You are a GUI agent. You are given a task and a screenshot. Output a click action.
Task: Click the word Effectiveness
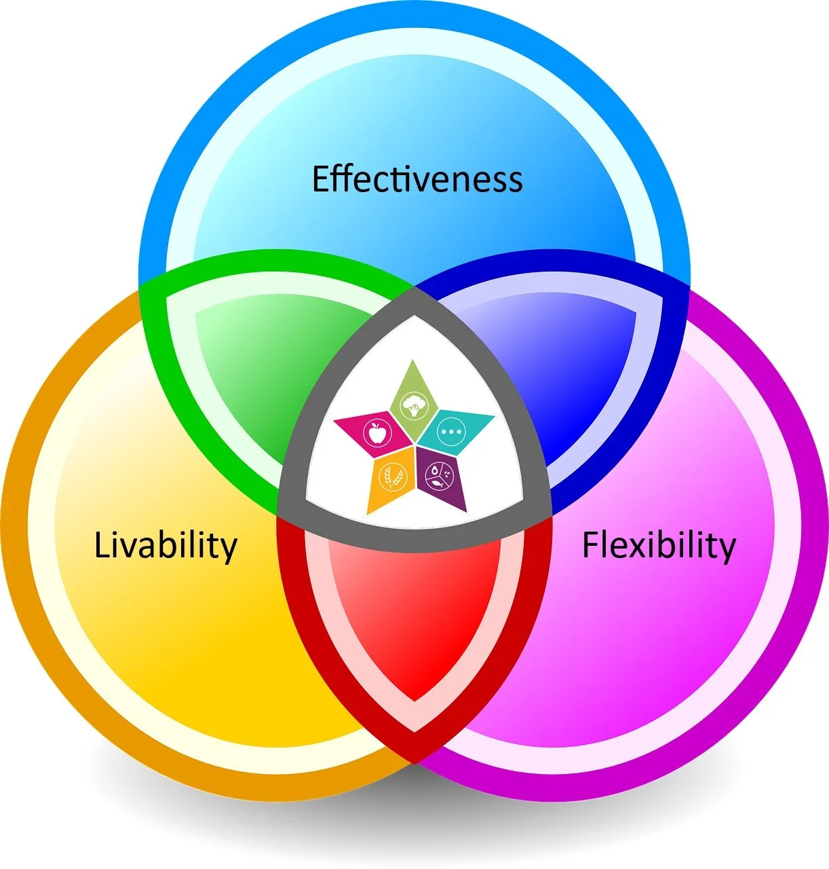click(417, 179)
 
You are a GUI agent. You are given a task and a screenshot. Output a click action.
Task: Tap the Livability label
click(166, 545)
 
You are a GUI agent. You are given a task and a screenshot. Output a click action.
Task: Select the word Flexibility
click(659, 545)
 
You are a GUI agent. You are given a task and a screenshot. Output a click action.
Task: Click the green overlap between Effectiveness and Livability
click(265, 367)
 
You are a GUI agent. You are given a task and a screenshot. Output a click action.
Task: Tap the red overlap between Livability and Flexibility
click(414, 611)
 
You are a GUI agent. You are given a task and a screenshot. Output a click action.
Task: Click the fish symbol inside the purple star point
click(438, 484)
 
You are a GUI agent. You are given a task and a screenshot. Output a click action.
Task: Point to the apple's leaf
click(378, 424)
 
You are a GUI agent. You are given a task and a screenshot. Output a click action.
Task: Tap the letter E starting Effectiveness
click(320, 179)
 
